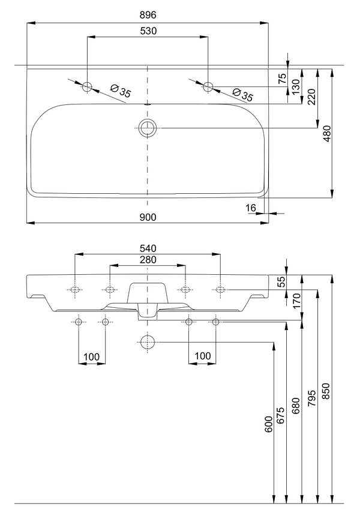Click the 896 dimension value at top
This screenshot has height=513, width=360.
(x=148, y=15)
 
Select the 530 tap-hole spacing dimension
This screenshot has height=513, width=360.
(x=148, y=31)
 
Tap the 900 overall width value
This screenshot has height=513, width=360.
(x=148, y=217)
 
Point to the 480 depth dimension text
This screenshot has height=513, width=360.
(x=327, y=133)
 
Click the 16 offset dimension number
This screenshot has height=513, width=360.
(x=250, y=208)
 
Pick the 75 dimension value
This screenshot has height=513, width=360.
(x=282, y=79)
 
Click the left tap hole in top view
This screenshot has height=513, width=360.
(x=87, y=87)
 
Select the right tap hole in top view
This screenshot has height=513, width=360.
(x=208, y=87)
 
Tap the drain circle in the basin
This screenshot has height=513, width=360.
(x=148, y=128)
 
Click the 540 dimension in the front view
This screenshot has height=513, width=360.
(x=148, y=248)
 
